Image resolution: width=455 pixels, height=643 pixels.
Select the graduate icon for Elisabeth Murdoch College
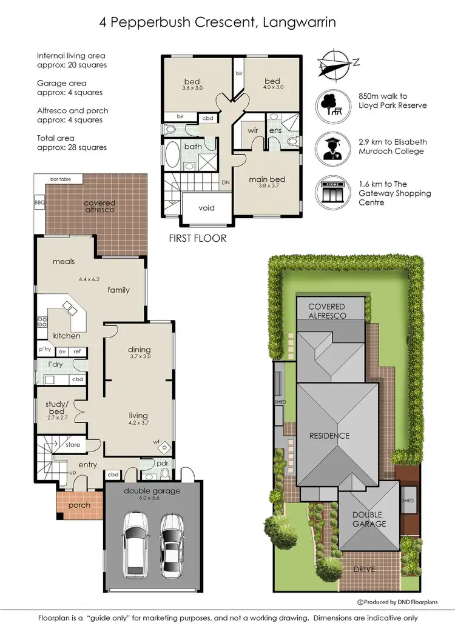tap(331, 146)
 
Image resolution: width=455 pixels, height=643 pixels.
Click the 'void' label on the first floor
tap(206, 208)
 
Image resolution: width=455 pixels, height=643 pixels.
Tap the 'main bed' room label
tap(267, 179)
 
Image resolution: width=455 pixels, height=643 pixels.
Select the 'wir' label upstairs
tap(253, 130)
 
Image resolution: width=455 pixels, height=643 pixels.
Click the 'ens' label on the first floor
tap(275, 130)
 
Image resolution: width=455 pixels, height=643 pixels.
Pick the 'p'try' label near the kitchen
tap(45, 350)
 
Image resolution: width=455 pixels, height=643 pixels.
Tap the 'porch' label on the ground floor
tap(79, 505)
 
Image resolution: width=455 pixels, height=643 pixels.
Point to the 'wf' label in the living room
tap(157, 442)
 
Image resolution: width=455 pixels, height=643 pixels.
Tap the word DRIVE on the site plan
tap(367, 569)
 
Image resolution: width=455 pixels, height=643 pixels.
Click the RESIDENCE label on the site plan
tap(330, 436)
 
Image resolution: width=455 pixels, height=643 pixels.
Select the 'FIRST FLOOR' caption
tap(197, 238)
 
